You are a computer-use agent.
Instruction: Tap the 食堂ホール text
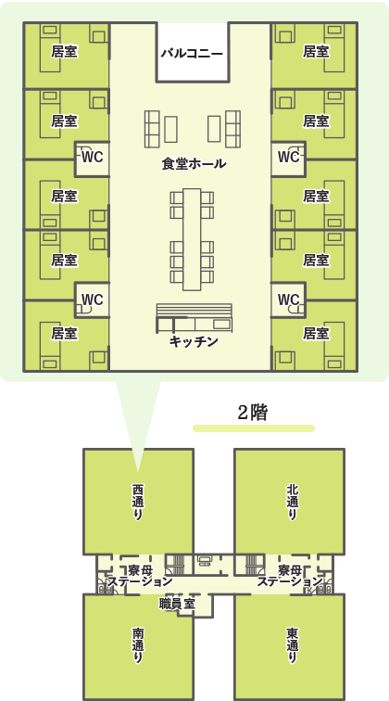(194, 164)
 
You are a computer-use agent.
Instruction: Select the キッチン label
(194, 341)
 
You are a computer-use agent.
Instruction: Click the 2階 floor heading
(253, 414)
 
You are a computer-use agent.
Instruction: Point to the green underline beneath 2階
(254, 428)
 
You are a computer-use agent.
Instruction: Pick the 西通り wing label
(138, 502)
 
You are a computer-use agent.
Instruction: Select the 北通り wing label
(292, 502)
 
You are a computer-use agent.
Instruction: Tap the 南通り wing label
(138, 646)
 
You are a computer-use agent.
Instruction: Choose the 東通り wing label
(292, 646)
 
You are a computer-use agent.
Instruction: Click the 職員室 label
(177, 605)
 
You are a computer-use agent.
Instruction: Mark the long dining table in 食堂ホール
(192, 239)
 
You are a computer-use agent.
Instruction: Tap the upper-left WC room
(92, 159)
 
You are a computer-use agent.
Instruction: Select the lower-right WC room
(289, 300)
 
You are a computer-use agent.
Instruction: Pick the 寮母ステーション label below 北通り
(290, 576)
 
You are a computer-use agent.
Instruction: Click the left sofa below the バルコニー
(152, 129)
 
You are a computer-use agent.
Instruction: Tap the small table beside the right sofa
(214, 129)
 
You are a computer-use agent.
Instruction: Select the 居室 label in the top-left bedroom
(64, 52)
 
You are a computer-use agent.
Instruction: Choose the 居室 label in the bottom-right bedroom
(316, 333)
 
